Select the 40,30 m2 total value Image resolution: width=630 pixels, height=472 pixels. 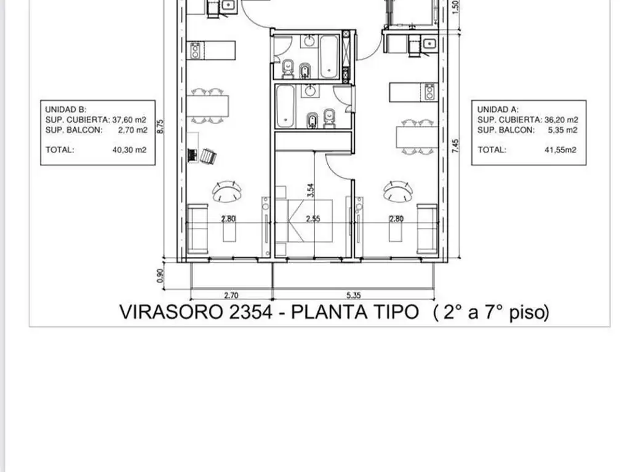(x=130, y=149)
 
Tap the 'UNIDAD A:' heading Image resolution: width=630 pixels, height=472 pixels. (x=494, y=109)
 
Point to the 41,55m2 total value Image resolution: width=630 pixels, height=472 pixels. (x=559, y=149)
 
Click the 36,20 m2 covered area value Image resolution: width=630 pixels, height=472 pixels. (x=561, y=120)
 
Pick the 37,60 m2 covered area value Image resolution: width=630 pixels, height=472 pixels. (x=130, y=120)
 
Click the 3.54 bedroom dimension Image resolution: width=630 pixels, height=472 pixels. (x=311, y=190)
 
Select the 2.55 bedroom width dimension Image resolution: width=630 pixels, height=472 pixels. (x=313, y=219)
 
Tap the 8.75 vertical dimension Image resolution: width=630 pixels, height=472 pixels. (x=159, y=126)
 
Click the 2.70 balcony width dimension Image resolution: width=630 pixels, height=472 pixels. (x=231, y=295)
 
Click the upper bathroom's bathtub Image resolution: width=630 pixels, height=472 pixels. (x=329, y=56)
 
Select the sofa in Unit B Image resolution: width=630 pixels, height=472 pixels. (x=197, y=229)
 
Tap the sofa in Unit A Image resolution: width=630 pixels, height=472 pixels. (x=427, y=229)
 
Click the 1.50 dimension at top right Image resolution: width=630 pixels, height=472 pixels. (x=455, y=6)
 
